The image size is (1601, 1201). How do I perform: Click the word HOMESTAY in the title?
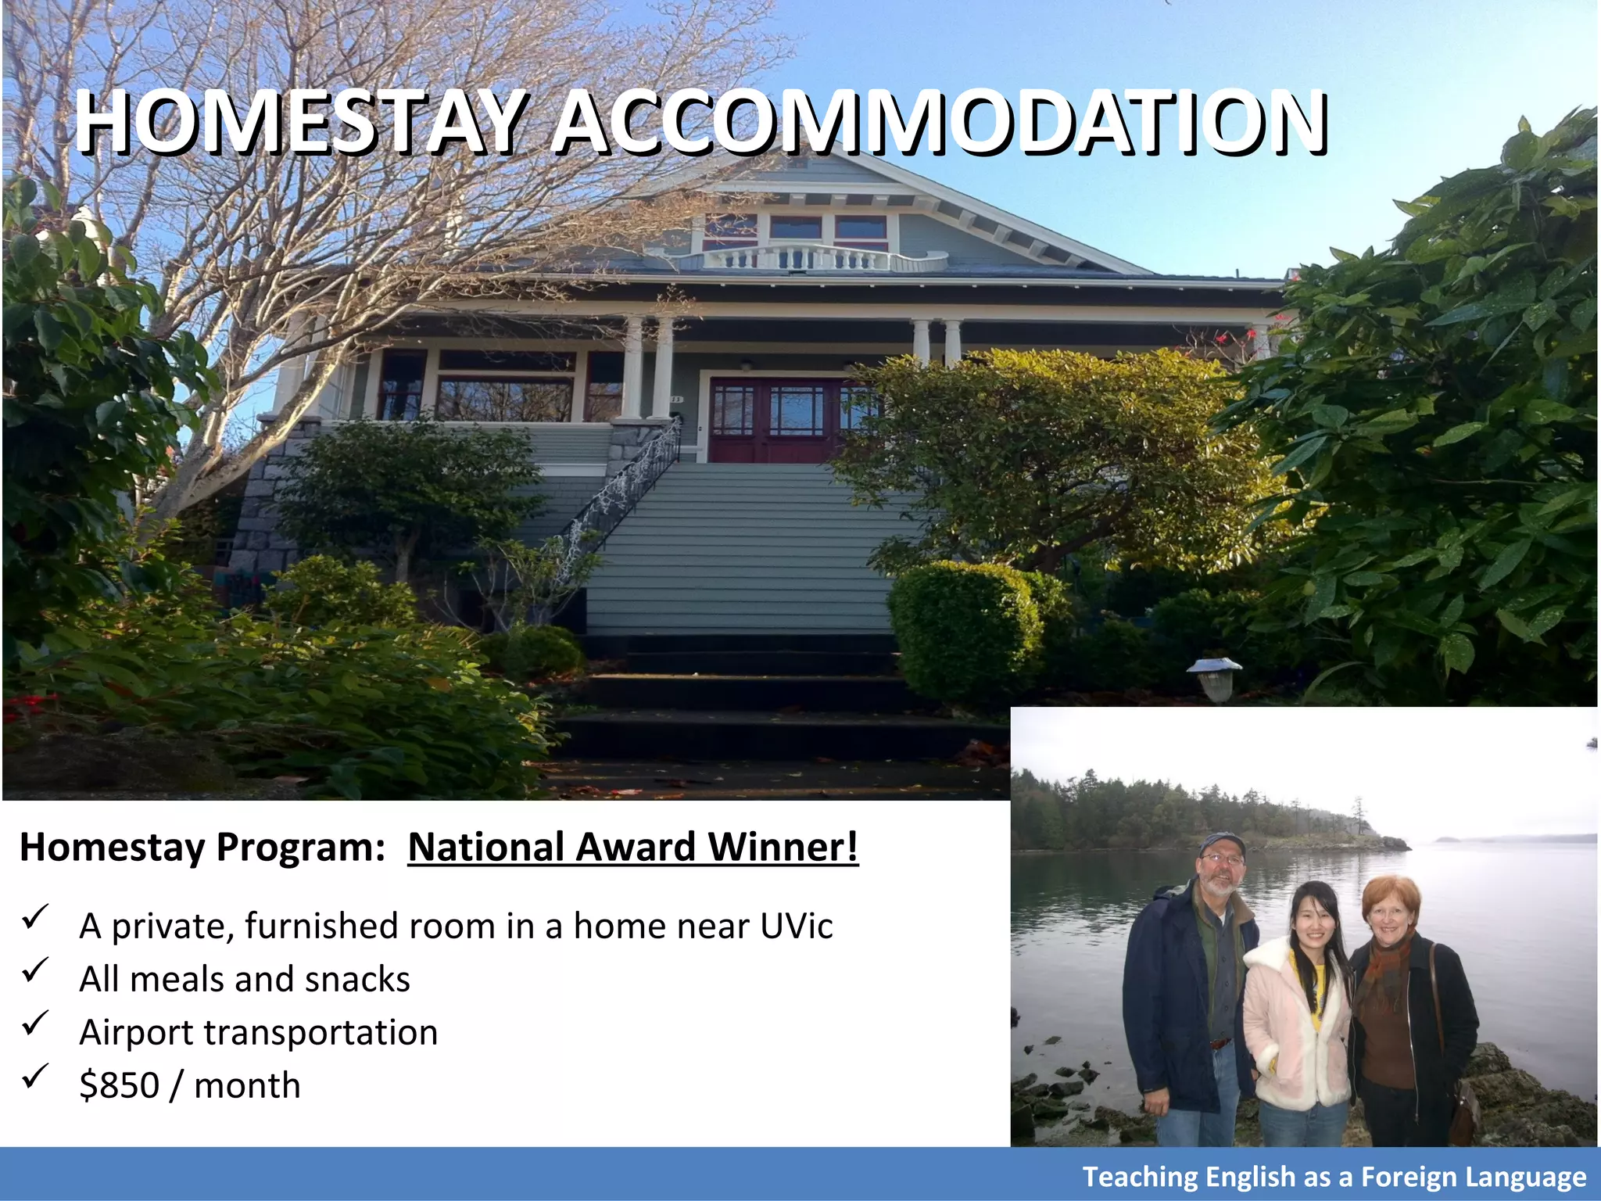[297, 124]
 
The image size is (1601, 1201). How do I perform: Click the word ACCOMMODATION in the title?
[938, 124]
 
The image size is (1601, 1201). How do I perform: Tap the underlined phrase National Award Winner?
[632, 848]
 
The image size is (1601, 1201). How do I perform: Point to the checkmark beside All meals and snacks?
[35, 970]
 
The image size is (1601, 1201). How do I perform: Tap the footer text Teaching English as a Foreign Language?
[1334, 1177]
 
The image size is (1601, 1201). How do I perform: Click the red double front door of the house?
[770, 421]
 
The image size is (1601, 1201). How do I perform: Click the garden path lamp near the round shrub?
[1214, 677]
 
